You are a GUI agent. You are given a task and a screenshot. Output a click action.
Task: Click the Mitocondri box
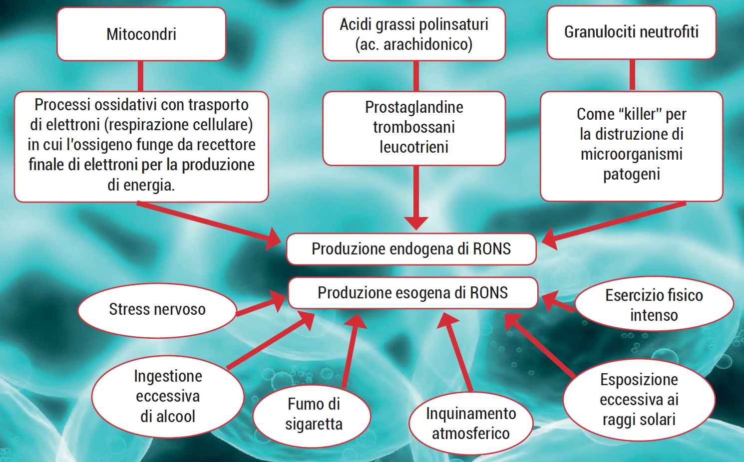point(141,34)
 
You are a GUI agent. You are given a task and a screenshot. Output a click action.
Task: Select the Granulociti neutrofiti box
point(631,32)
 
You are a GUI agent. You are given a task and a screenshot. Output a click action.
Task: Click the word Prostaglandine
point(414,107)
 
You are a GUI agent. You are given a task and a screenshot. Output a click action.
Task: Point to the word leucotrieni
point(414,147)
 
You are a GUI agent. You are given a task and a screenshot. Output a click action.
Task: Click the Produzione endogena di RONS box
point(411,248)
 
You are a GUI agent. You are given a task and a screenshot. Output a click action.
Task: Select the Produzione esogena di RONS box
point(413,293)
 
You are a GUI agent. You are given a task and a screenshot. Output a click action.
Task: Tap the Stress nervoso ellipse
point(157,309)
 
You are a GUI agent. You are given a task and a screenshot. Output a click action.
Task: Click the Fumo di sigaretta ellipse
point(314,414)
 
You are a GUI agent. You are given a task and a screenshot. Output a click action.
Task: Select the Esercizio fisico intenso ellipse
point(654,305)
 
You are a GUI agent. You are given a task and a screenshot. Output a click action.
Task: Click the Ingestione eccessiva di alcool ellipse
point(168,396)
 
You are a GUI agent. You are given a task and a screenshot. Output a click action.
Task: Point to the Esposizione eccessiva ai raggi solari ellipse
point(639,400)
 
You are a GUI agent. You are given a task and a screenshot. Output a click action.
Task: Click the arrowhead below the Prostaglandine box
point(416,223)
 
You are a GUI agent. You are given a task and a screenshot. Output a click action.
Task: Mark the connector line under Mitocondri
point(141,76)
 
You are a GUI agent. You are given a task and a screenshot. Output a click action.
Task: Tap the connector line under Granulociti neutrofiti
point(632,75)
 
